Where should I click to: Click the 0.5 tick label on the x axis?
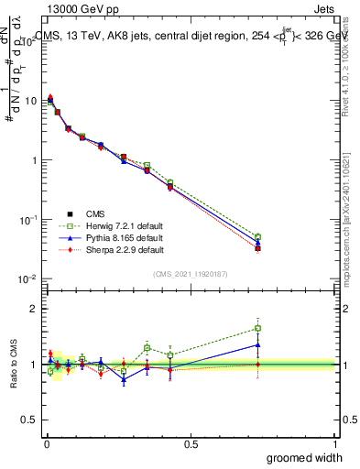tap(191, 443)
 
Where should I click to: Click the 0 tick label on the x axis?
tap(47, 443)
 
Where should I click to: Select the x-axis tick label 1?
tap(334, 443)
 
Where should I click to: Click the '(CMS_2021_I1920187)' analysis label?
tap(191, 274)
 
